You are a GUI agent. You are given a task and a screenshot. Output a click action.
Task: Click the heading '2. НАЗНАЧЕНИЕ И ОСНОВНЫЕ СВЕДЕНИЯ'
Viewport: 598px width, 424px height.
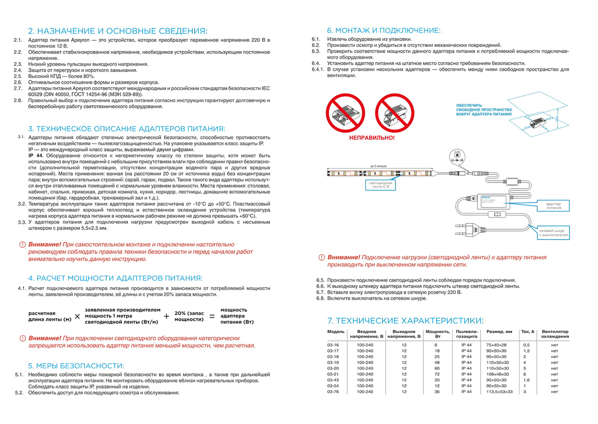tap(117, 31)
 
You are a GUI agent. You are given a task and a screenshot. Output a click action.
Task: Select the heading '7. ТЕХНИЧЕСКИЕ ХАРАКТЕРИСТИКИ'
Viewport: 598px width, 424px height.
tap(405, 320)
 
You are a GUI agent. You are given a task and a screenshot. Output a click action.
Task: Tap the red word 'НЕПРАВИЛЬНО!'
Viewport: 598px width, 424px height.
tap(372, 138)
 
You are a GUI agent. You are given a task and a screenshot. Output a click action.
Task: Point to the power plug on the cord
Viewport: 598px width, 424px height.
tap(470, 230)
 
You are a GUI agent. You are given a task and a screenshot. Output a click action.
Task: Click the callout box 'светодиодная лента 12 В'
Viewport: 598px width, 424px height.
tap(381, 185)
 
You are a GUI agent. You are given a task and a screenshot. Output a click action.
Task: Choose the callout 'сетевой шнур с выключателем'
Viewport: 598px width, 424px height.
tap(554, 233)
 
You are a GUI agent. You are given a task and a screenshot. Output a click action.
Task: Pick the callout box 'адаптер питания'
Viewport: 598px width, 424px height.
tap(554, 206)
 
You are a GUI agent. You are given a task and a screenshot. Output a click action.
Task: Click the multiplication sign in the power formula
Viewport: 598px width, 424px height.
tap(77, 317)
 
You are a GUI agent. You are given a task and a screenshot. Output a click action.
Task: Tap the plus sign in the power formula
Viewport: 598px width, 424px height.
tap(166, 317)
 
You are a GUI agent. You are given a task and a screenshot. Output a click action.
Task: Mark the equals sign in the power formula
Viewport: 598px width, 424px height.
tap(212, 317)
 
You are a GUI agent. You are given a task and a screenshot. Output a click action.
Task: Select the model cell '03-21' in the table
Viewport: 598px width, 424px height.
tap(333, 374)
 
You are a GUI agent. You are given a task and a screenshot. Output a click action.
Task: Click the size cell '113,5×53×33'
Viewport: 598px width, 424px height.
tap(499, 391)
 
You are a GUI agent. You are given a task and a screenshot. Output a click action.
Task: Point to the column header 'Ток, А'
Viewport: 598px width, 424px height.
tap(528, 332)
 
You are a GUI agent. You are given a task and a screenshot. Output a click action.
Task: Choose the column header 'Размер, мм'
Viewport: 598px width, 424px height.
tap(499, 332)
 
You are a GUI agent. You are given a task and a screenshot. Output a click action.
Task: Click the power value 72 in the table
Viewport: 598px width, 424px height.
tap(437, 374)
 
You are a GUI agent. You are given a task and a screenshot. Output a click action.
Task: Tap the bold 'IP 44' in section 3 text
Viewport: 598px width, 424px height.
tap(35, 156)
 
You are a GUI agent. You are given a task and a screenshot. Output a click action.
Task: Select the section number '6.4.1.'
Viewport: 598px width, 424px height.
tap(318, 69)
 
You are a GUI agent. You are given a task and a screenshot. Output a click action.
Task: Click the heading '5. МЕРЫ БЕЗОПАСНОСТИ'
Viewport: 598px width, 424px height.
tap(76, 366)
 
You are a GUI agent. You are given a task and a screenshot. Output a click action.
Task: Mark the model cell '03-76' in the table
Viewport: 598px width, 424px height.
tap(333, 391)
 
